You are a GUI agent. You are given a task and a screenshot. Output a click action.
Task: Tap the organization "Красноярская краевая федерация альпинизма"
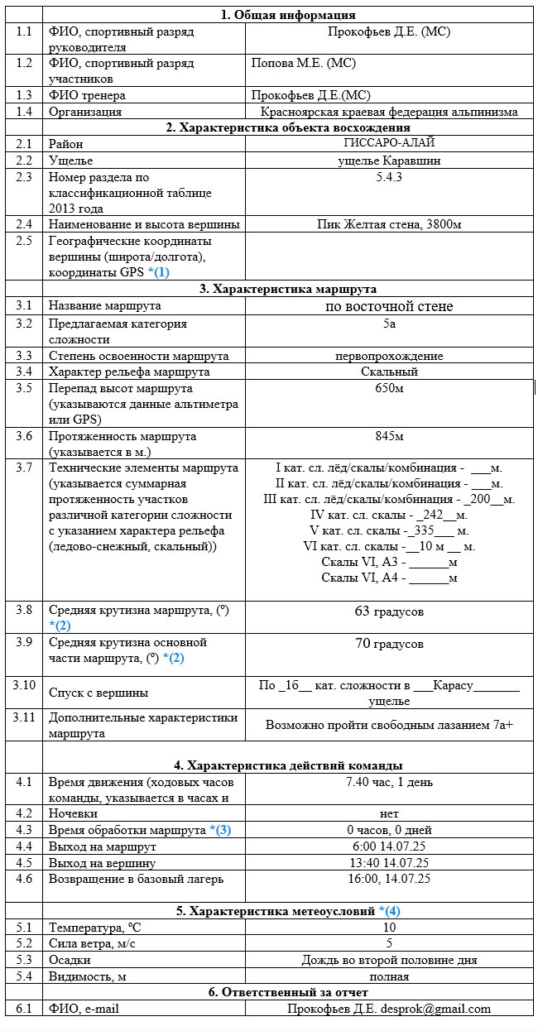[x=389, y=112]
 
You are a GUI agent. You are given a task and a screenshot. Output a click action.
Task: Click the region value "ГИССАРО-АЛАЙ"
[x=389, y=144]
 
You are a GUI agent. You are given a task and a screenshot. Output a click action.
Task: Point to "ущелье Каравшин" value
[x=389, y=161]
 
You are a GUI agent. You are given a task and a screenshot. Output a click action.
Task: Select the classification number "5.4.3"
[x=389, y=176]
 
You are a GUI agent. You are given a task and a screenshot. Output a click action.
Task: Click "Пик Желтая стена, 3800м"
[x=389, y=224]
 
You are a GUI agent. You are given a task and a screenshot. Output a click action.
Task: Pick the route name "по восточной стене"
[x=389, y=306]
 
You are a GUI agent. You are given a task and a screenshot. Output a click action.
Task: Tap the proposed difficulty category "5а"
[x=389, y=323]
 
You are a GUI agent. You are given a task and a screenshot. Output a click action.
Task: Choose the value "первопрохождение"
[x=389, y=356]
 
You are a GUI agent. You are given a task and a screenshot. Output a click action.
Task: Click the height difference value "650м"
[x=389, y=387]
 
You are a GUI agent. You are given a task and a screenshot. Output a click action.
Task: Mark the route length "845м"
[x=389, y=435]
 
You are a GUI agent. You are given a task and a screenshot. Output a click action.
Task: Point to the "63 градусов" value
[x=389, y=611]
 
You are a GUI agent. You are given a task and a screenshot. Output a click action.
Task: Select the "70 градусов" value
[x=389, y=644]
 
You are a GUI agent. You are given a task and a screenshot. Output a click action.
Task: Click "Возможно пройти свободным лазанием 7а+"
[x=389, y=725]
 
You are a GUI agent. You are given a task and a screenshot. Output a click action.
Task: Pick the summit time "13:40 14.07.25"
[x=389, y=863]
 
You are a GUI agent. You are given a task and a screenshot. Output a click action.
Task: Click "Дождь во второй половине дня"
[x=389, y=960]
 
